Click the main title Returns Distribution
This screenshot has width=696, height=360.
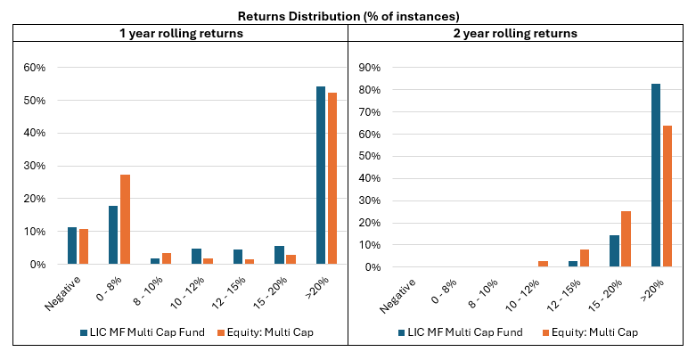click(x=348, y=15)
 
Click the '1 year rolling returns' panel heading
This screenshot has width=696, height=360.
click(x=182, y=33)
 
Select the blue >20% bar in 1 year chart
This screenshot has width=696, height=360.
click(x=319, y=176)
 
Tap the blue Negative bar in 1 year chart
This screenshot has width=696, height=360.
click(x=72, y=246)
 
